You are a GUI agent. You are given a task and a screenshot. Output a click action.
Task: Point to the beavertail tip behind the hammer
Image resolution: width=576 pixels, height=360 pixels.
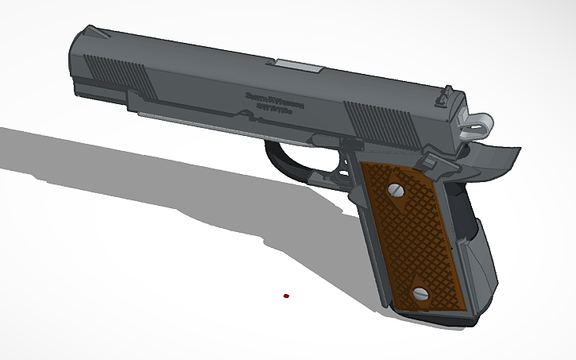tap(508, 151)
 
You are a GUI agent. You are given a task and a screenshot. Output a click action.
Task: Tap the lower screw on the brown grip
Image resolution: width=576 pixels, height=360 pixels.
tap(420, 294)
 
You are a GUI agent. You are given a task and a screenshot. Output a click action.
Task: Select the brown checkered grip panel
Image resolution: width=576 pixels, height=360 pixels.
tap(409, 238)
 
